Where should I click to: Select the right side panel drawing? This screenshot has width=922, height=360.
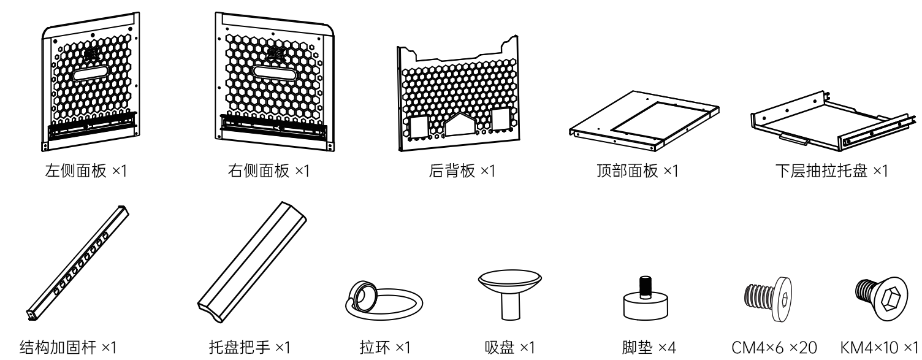click(273, 83)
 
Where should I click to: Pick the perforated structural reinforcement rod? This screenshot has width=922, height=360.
click(78, 260)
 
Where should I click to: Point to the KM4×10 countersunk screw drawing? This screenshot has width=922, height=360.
click(881, 298)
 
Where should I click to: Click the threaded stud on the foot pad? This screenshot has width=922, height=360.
click(644, 286)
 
